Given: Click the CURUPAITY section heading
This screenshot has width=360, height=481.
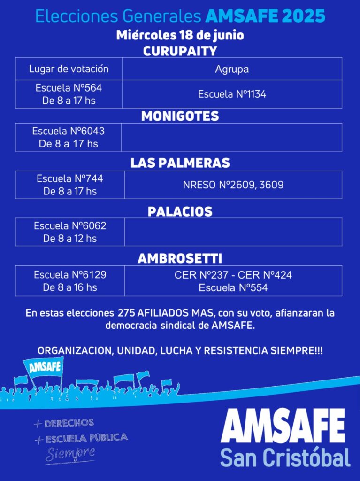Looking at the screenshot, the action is click(180, 51).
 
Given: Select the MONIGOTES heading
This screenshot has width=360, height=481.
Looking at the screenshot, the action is click(180, 116).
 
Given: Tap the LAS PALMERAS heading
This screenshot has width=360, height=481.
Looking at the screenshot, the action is click(180, 163).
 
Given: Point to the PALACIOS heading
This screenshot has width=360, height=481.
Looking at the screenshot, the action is click(180, 211).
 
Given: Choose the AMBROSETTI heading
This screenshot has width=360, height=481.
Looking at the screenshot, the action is click(180, 258).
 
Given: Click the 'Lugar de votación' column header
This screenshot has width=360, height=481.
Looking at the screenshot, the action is click(69, 69).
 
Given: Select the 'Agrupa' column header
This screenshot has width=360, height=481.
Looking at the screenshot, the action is click(232, 70).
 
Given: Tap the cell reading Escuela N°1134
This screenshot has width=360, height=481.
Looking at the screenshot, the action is click(232, 94).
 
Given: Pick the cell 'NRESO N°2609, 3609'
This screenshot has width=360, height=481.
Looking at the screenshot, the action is click(233, 185).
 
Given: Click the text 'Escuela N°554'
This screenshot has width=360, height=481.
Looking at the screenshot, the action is click(233, 288).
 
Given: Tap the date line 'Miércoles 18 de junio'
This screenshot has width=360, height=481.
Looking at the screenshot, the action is click(180, 35).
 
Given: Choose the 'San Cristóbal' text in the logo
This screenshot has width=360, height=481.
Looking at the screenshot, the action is click(285, 457).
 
